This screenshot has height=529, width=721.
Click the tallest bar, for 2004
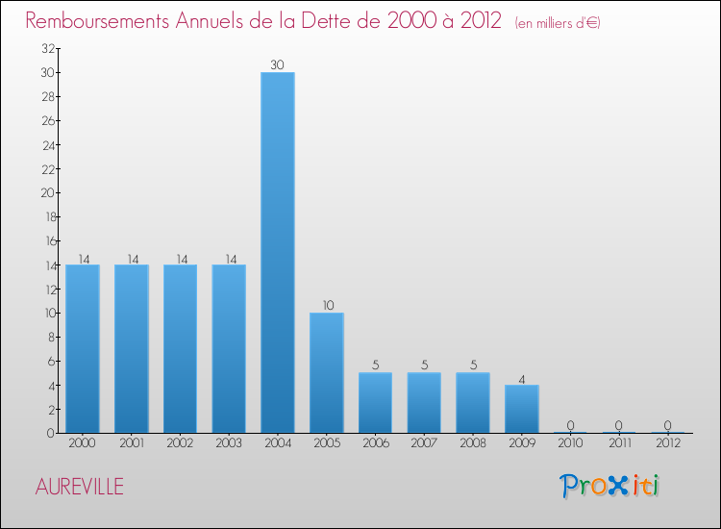[x=278, y=252]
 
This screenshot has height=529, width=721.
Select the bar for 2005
[x=327, y=372]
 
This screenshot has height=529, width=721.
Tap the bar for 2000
[x=83, y=348]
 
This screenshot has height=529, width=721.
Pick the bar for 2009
[x=522, y=409]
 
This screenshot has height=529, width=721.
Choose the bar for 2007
[x=424, y=402]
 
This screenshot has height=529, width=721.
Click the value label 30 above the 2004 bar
[x=278, y=65]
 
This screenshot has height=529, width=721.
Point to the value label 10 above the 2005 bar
[x=327, y=306]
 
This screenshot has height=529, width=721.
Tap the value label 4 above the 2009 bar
[x=522, y=378]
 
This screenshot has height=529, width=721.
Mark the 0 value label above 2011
[x=619, y=426]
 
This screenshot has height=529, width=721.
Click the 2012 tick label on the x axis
[x=668, y=443]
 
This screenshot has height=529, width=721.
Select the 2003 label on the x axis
[x=229, y=443]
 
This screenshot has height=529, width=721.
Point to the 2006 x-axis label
[x=375, y=443]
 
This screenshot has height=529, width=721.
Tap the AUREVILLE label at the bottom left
[x=79, y=487]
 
